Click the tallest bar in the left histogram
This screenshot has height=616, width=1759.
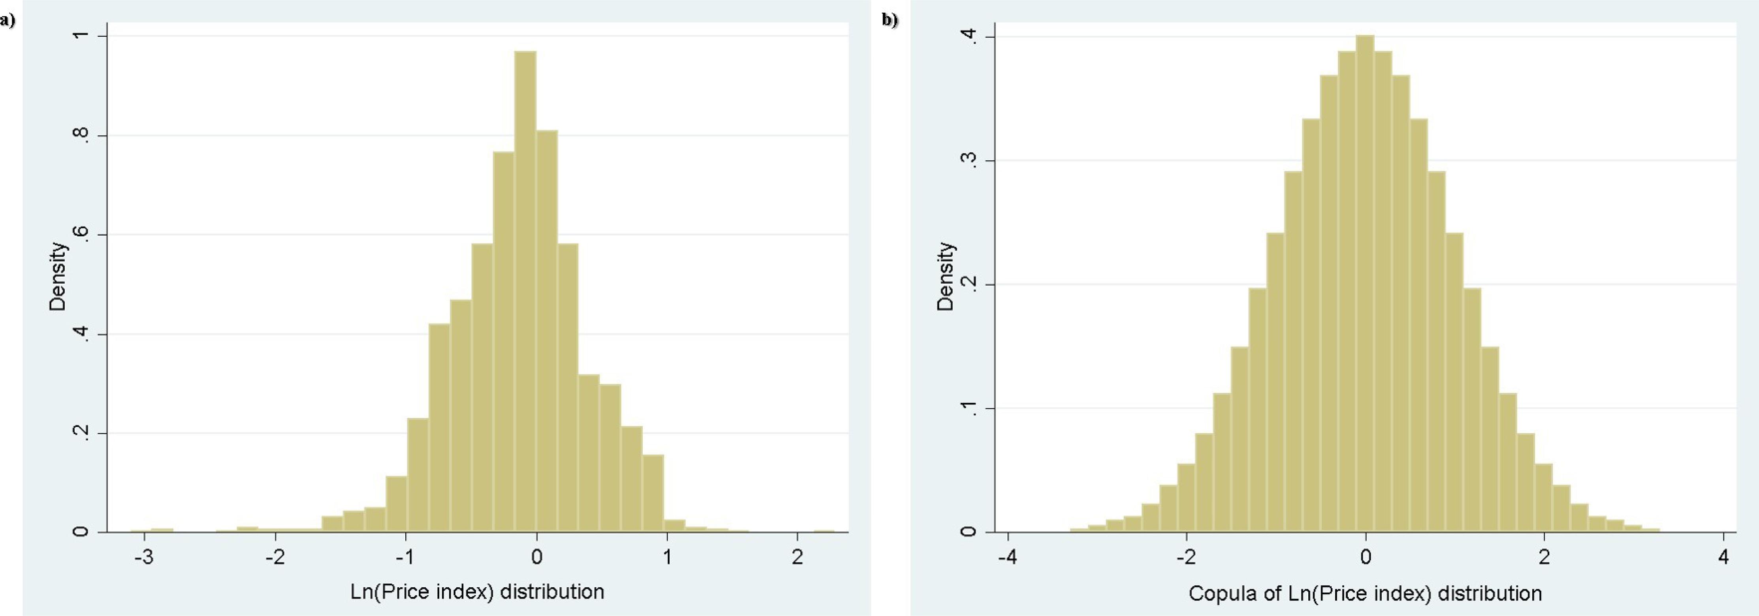click(x=525, y=293)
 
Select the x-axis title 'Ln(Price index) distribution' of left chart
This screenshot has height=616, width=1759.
click(x=477, y=592)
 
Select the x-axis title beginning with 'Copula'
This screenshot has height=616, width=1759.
click(x=1365, y=594)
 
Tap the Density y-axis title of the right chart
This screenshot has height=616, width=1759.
click(x=945, y=276)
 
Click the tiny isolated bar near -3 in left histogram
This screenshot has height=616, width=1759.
click(x=162, y=529)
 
